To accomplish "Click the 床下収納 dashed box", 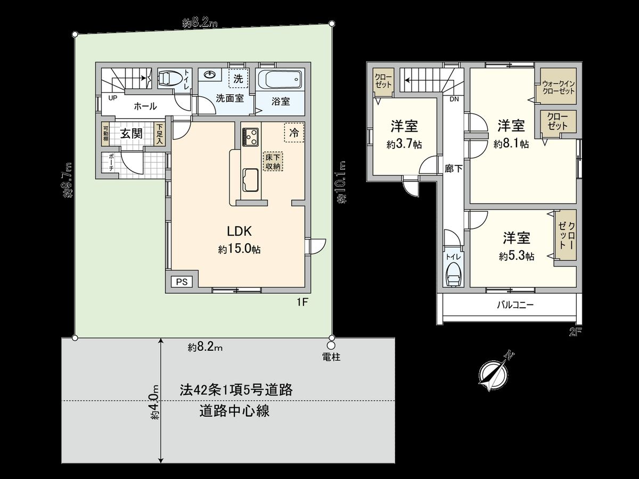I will [272, 162].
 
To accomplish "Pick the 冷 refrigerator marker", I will [293, 133].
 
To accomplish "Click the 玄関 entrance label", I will [130, 133].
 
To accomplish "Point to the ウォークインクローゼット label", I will [559, 87].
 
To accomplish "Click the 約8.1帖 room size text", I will [511, 144].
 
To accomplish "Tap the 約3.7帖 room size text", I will [404, 144].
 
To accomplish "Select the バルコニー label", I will [515, 305].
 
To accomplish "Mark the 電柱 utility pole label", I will [331, 357].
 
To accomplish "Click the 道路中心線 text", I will [234, 411].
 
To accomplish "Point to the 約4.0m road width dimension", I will [154, 402].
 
